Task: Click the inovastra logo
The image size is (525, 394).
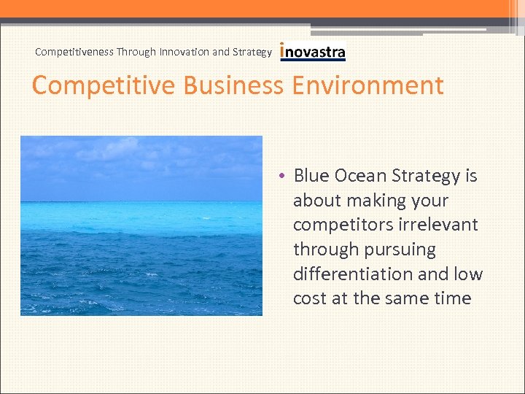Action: click(x=313, y=52)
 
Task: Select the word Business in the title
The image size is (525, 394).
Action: click(x=233, y=85)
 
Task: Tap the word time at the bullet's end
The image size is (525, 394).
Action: click(x=452, y=298)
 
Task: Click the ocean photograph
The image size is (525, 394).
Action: click(x=141, y=225)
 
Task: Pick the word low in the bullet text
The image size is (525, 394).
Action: click(x=467, y=274)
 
